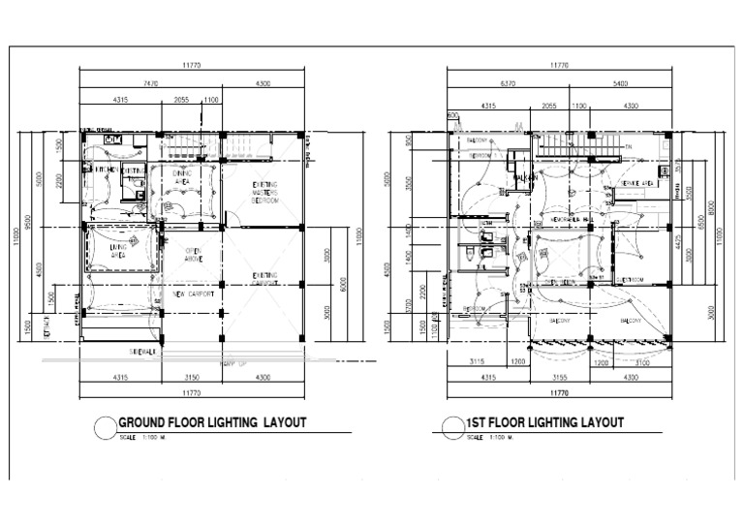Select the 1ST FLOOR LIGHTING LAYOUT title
coord(544,422)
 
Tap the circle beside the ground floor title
coord(104,426)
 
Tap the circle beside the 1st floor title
coord(450,426)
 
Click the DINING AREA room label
coord(181,177)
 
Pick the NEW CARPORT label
coord(192,294)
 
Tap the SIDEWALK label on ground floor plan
coord(142,352)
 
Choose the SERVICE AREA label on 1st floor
coord(635,182)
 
